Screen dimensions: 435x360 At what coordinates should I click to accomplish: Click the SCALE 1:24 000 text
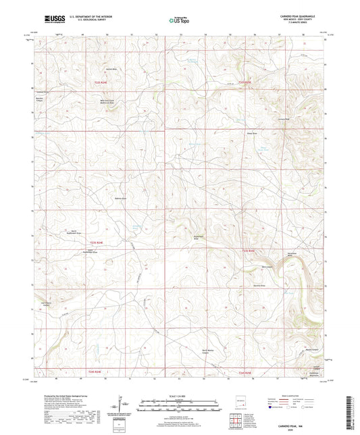(180, 395)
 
